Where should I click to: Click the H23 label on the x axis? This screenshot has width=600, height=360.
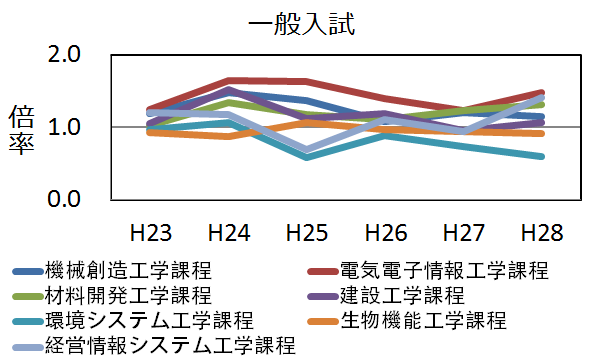[151, 233]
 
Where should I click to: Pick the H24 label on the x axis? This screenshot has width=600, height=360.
[229, 233]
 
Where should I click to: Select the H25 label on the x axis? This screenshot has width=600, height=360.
[307, 233]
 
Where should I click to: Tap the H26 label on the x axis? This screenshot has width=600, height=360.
[385, 233]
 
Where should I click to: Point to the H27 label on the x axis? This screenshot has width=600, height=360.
[463, 233]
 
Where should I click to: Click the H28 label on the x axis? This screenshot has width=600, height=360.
[541, 233]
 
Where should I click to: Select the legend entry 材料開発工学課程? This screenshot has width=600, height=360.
[129, 295]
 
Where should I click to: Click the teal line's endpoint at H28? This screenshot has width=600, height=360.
[541, 156]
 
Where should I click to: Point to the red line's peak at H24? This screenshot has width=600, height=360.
[229, 80]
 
